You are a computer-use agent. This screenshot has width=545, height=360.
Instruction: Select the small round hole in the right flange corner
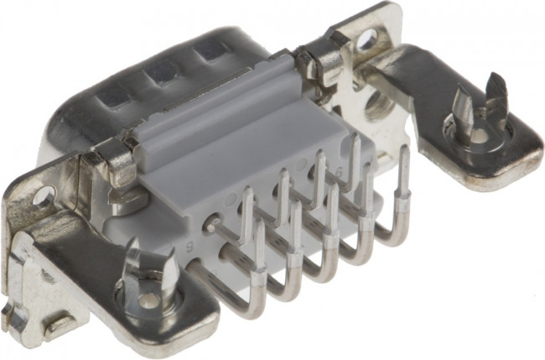click(x=366, y=39)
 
